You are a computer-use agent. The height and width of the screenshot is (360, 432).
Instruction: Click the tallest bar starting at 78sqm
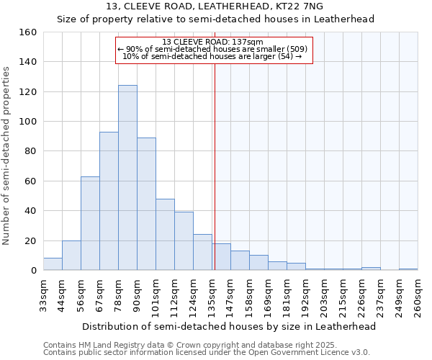[x=127, y=178]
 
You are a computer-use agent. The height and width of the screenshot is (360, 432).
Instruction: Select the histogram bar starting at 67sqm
[x=109, y=201]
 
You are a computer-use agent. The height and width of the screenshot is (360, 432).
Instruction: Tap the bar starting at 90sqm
[x=146, y=204]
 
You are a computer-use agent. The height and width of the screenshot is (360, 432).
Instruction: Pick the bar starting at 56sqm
[x=90, y=223]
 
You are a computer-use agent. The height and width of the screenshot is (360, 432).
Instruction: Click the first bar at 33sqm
[x=53, y=264]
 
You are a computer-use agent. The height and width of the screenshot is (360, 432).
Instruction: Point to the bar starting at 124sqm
[x=202, y=252]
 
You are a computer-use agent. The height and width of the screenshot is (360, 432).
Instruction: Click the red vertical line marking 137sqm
[x=215, y=166]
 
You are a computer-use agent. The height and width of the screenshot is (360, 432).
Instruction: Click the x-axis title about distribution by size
[x=228, y=326]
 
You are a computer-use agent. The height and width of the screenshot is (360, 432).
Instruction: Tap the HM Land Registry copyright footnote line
[x=186, y=345]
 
